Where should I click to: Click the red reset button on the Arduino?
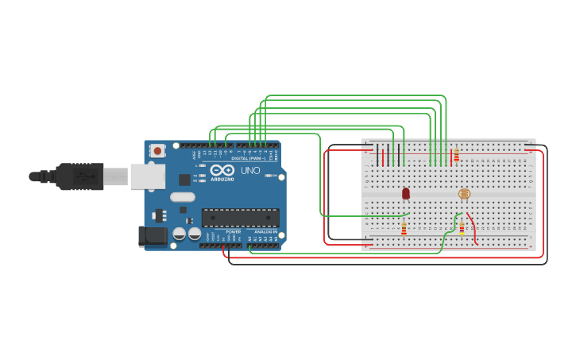[157, 150]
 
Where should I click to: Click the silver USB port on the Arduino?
[147, 176]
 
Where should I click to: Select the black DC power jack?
[153, 235]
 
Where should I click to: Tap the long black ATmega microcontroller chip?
[240, 217]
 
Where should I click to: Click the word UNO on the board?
[250, 170]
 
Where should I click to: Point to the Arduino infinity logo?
[222, 170]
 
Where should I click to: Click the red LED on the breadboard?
[406, 193]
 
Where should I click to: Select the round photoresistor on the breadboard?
[465, 194]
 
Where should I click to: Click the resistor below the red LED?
[404, 229]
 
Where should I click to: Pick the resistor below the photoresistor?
[462, 229]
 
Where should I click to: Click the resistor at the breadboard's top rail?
[456, 155]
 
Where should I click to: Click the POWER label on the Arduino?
[233, 231]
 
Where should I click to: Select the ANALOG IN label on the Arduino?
[266, 231]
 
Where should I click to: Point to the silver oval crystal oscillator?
[182, 197]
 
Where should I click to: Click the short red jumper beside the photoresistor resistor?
[472, 228]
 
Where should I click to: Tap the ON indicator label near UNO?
[274, 176]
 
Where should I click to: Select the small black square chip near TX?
[184, 180]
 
